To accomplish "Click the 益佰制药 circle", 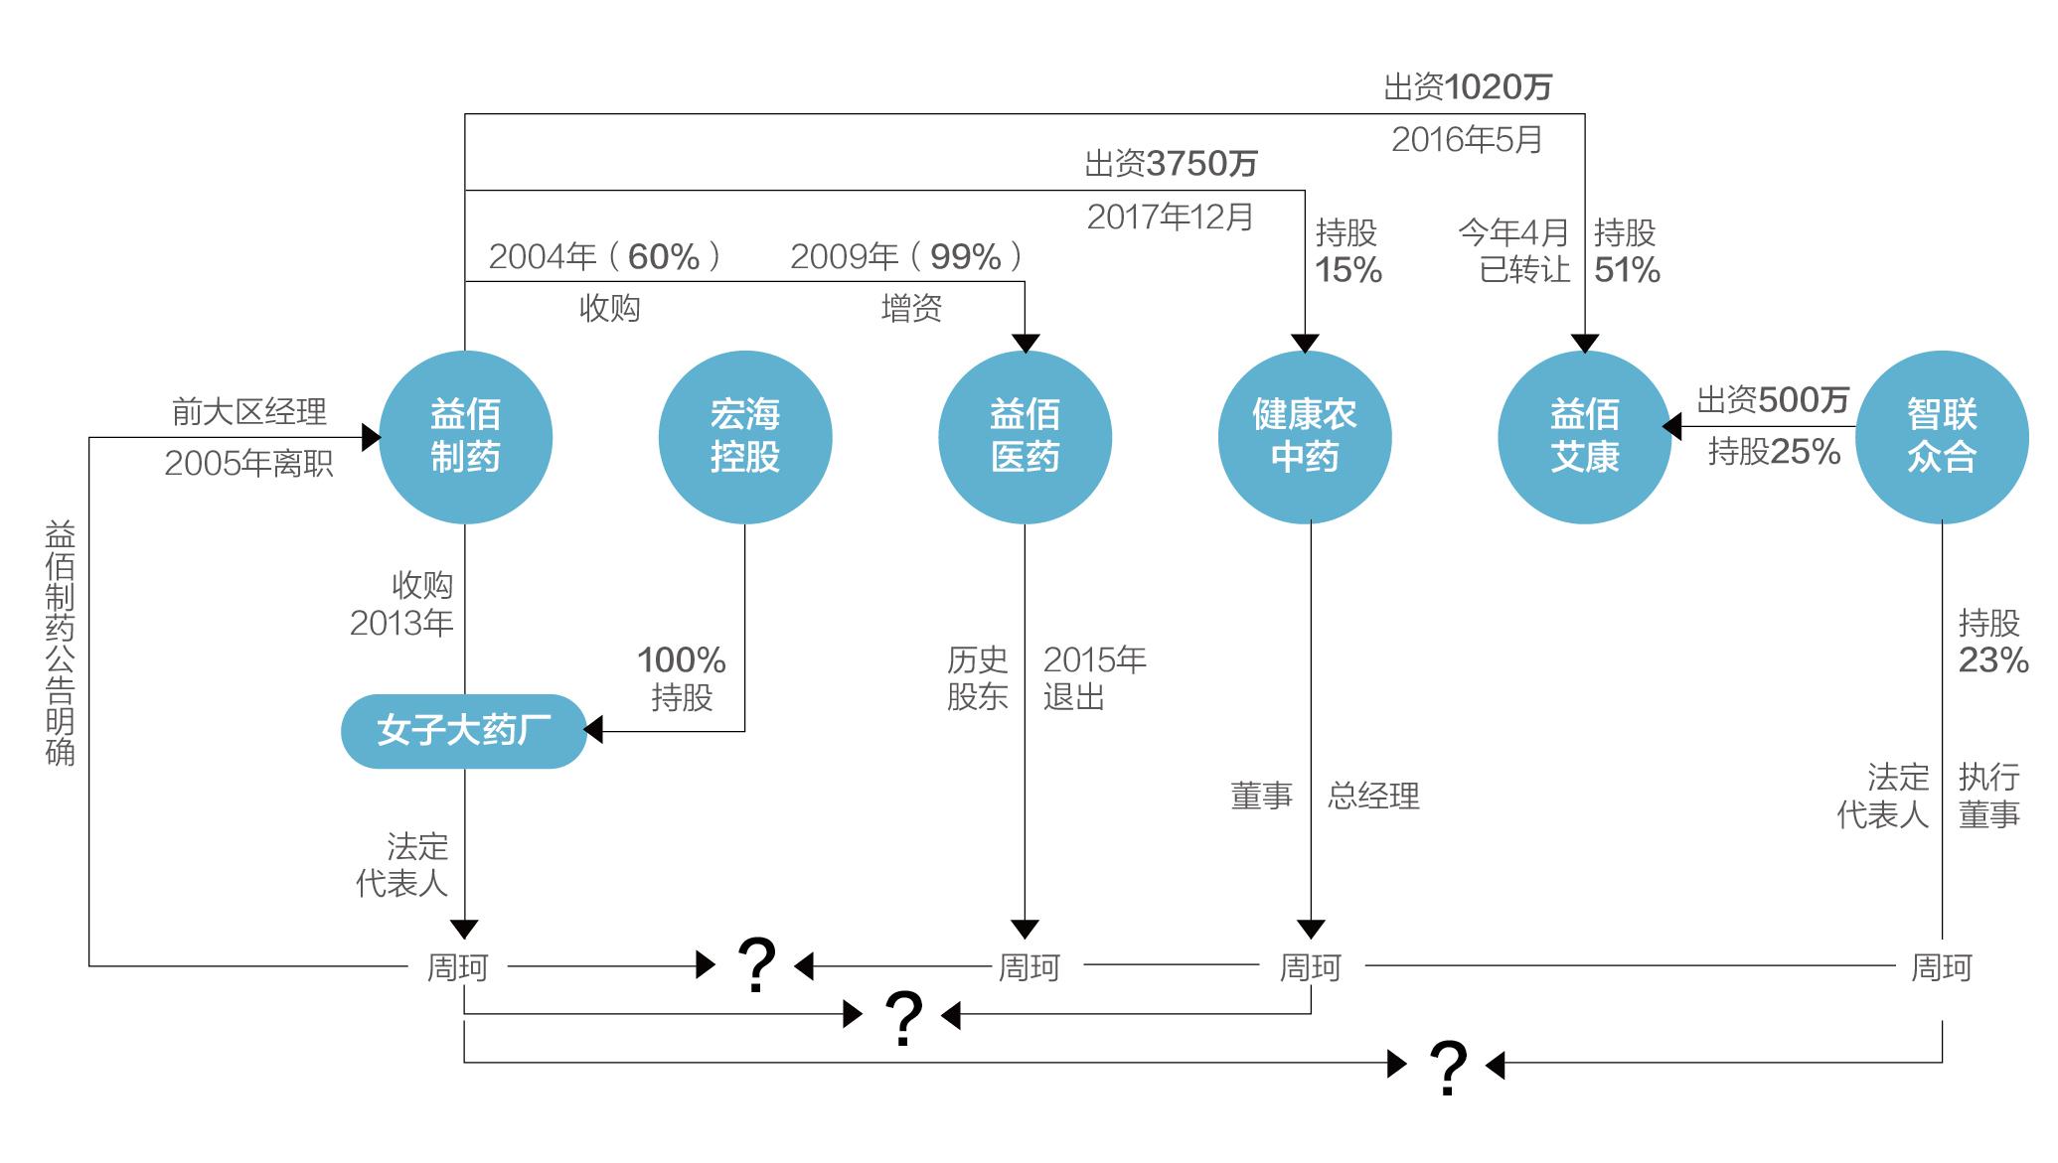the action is coord(465,437).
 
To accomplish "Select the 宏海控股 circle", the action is coord(745,437).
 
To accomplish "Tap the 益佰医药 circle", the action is coord(1025,437).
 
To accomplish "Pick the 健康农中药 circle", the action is coord(1305,437).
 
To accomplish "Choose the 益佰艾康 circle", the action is coord(1585,437).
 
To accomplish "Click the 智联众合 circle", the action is coord(1942,437).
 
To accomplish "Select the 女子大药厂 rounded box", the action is coord(464,731).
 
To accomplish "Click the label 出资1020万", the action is coord(1468,87).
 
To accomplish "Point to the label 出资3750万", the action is coord(1171,164).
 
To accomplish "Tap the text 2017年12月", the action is coord(1170,217).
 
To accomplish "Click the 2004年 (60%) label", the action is coord(605,257).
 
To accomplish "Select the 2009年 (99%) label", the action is coord(907,257).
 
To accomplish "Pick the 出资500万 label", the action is coord(1773,400).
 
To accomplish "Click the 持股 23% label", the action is coord(1992,642).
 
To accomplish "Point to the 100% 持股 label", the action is coord(682,678).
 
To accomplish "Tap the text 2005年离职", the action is coord(248,464).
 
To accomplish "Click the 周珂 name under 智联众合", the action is coord(1942,966).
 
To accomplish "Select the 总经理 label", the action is coord(1373,796).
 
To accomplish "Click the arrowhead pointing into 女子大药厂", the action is coord(593,731).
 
